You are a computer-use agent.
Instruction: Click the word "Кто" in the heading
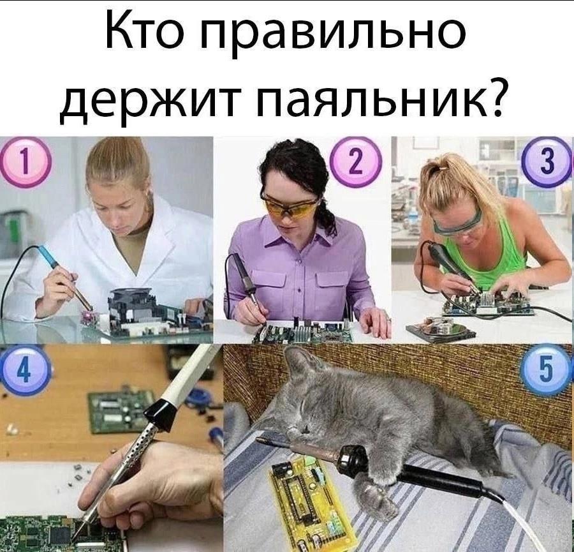(147, 33)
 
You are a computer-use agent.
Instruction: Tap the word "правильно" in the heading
(333, 37)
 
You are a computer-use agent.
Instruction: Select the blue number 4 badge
(24, 370)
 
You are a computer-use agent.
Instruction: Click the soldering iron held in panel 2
(244, 278)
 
